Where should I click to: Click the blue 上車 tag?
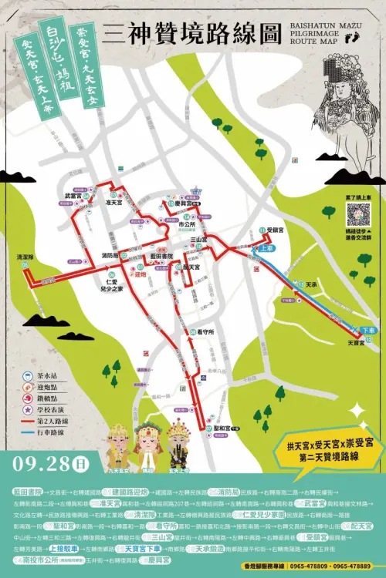[x=266, y=248]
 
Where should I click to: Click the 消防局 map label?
[x=110, y=254]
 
